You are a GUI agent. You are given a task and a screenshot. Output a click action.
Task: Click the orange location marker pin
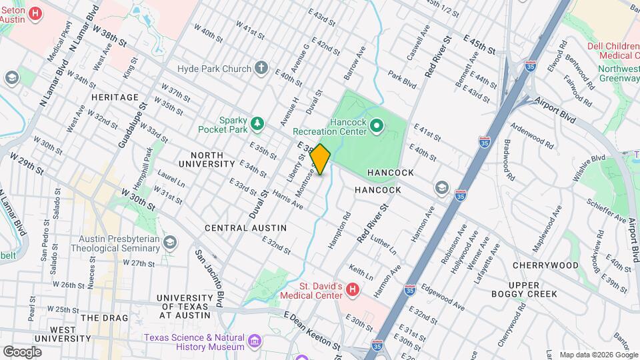321,159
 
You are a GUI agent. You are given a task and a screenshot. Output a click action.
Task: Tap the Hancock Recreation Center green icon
376,125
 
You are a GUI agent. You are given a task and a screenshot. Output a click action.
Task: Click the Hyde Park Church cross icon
262,68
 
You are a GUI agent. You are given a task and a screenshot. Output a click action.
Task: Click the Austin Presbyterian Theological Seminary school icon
171,242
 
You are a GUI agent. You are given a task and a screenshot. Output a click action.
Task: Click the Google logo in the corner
22,351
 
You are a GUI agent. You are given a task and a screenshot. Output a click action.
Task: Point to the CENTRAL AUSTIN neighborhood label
245,228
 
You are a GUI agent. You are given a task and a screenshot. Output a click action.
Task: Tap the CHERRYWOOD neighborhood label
555,265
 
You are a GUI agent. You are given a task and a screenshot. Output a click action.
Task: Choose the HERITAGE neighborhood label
115,97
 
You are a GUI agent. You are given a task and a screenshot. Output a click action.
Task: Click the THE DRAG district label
102,318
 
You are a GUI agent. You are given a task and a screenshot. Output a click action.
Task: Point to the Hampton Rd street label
339,231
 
